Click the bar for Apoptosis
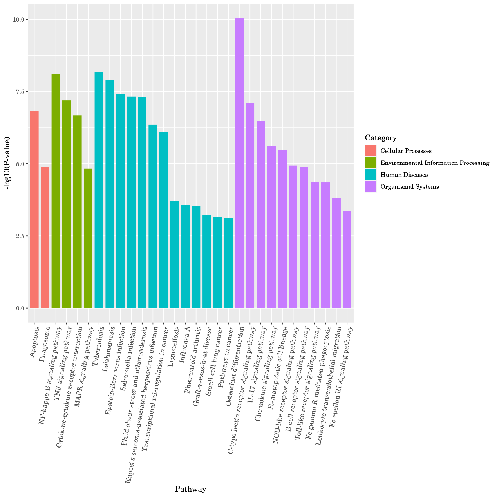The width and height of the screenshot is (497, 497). (34, 210)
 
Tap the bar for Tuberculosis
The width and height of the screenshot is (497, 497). (99, 190)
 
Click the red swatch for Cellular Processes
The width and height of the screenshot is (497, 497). (370, 151)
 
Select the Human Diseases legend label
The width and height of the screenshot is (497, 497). (404, 175)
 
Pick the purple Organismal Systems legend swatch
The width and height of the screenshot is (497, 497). (370, 186)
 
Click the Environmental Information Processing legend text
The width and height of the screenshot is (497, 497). (435, 163)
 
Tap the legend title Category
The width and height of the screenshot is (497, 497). (381, 138)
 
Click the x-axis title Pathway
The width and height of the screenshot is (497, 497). (190, 489)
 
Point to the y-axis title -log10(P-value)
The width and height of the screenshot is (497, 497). (7, 163)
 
